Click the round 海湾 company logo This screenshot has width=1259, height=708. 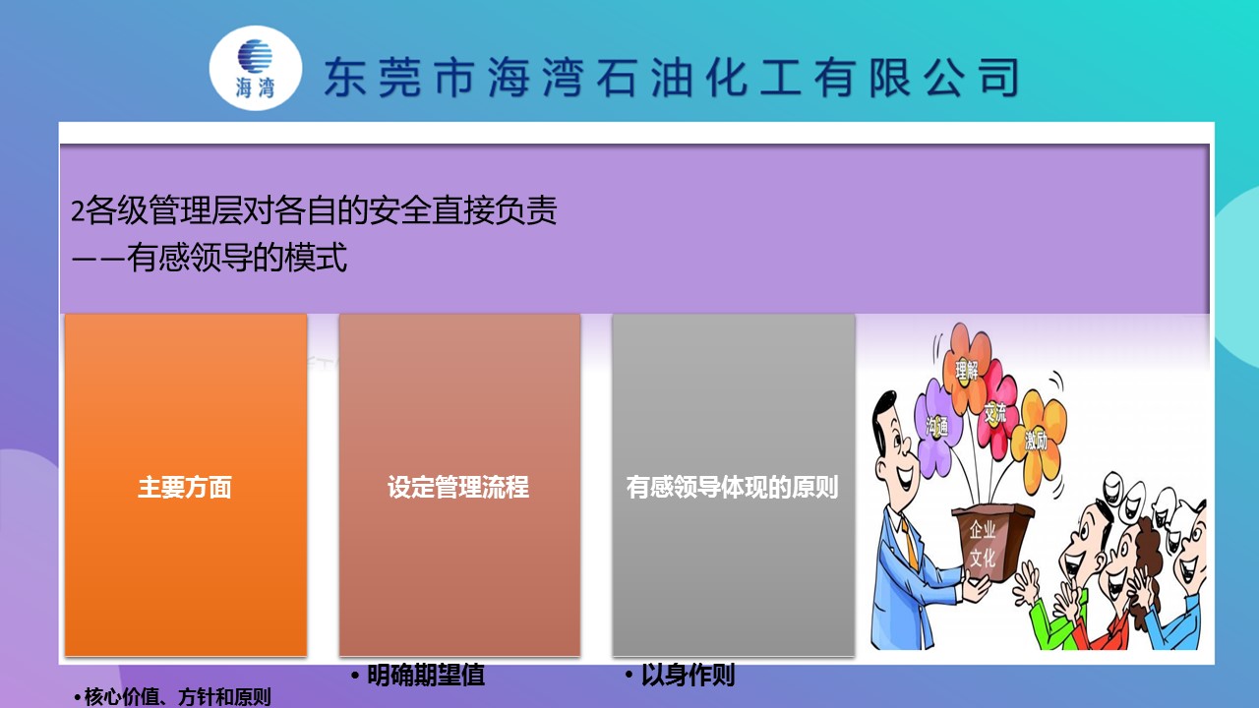coord(256,68)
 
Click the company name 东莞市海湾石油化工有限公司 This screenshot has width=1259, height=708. coord(672,78)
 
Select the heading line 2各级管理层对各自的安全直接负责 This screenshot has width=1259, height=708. coord(314,210)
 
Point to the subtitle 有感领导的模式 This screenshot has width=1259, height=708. coord(237,258)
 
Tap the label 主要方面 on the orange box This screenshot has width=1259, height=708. coord(185,487)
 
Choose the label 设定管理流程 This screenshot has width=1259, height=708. coord(458,487)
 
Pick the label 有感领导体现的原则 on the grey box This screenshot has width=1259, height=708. coord(733,487)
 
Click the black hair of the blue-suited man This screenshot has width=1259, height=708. coord(883,413)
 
